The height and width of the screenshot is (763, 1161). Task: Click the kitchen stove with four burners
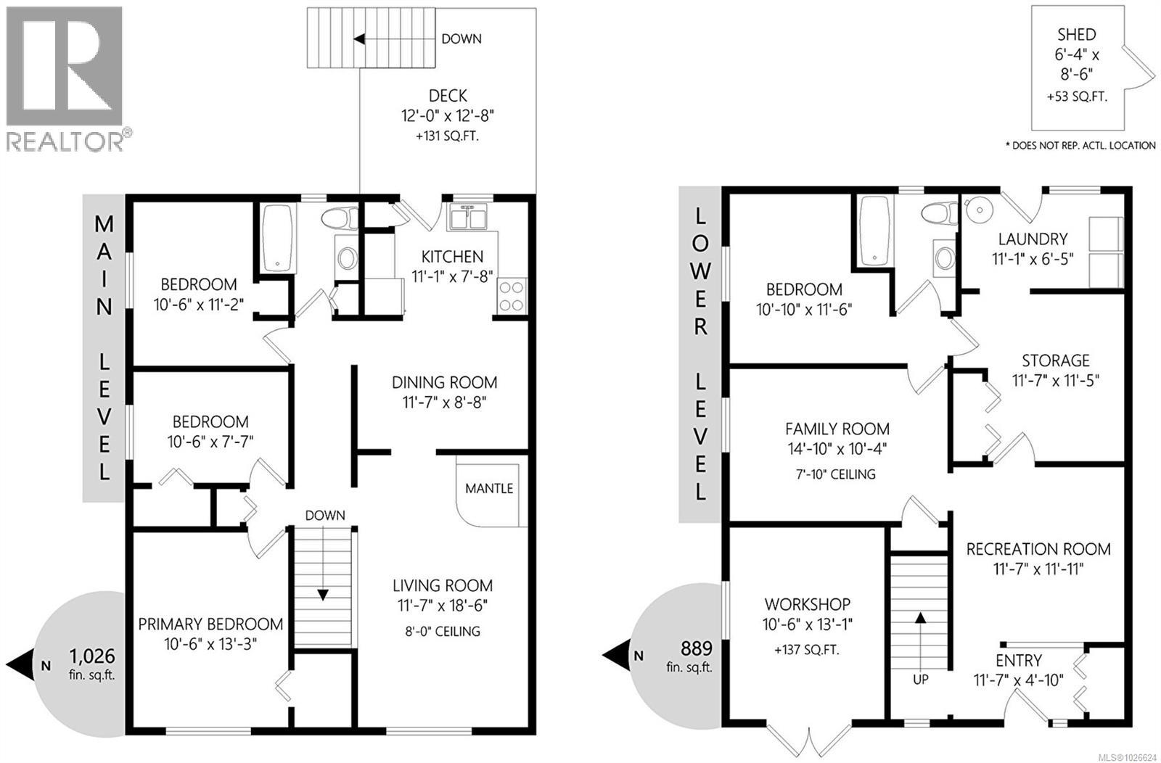pyautogui.click(x=511, y=296)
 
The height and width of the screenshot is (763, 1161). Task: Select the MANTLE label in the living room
pyautogui.click(x=489, y=488)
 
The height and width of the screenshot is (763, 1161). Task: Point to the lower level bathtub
pyautogui.click(x=874, y=231)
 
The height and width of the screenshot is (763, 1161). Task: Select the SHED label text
pyautogui.click(x=1076, y=34)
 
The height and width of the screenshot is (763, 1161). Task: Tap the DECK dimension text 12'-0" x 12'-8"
pyautogui.click(x=448, y=115)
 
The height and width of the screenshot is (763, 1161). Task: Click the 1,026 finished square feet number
pyautogui.click(x=92, y=656)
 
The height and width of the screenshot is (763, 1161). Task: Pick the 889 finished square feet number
pyautogui.click(x=696, y=648)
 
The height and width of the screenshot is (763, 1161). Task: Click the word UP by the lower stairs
pyautogui.click(x=921, y=680)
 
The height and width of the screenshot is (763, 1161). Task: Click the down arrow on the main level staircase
pyautogui.click(x=323, y=594)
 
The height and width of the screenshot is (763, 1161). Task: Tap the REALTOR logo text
pyautogui.click(x=65, y=141)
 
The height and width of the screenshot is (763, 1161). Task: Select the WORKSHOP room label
pyautogui.click(x=807, y=604)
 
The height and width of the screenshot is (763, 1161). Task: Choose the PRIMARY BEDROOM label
pyautogui.click(x=210, y=624)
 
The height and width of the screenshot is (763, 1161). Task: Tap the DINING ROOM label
pyautogui.click(x=444, y=382)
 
